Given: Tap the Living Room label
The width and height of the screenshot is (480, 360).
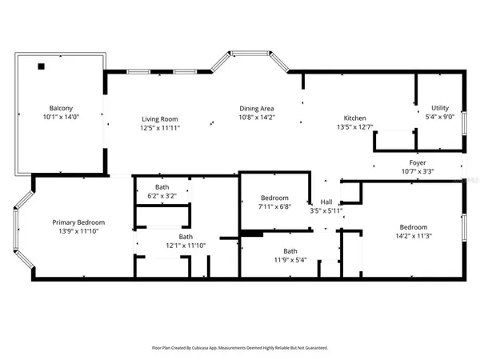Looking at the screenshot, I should pyautogui.click(x=158, y=118).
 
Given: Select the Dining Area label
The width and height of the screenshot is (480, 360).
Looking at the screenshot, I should pyautogui.click(x=257, y=108).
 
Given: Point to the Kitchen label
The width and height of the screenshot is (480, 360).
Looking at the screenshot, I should pyautogui.click(x=354, y=118).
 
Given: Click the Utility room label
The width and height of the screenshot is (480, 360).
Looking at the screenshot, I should pyautogui.click(x=440, y=107).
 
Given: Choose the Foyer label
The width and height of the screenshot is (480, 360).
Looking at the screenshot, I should pyautogui.click(x=418, y=162).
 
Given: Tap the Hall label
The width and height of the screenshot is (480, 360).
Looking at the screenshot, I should pyautogui.click(x=326, y=202).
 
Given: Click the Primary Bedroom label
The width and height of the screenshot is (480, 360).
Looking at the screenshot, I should pyautogui.click(x=78, y=222).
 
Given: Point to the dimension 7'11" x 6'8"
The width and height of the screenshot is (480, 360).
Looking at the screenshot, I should pyautogui.click(x=274, y=207).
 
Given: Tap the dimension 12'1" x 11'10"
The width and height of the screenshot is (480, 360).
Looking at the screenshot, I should pyautogui.click(x=186, y=246).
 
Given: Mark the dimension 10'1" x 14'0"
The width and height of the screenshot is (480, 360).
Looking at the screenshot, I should pyautogui.click(x=62, y=117).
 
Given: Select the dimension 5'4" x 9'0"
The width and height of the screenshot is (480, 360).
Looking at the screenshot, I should pyautogui.click(x=440, y=116).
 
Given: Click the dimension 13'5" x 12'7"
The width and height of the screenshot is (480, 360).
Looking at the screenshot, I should pyautogui.click(x=354, y=126).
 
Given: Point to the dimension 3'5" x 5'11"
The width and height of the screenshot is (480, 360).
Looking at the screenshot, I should pyautogui.click(x=326, y=211).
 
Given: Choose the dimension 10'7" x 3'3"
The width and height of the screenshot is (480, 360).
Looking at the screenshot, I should pyautogui.click(x=418, y=171).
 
